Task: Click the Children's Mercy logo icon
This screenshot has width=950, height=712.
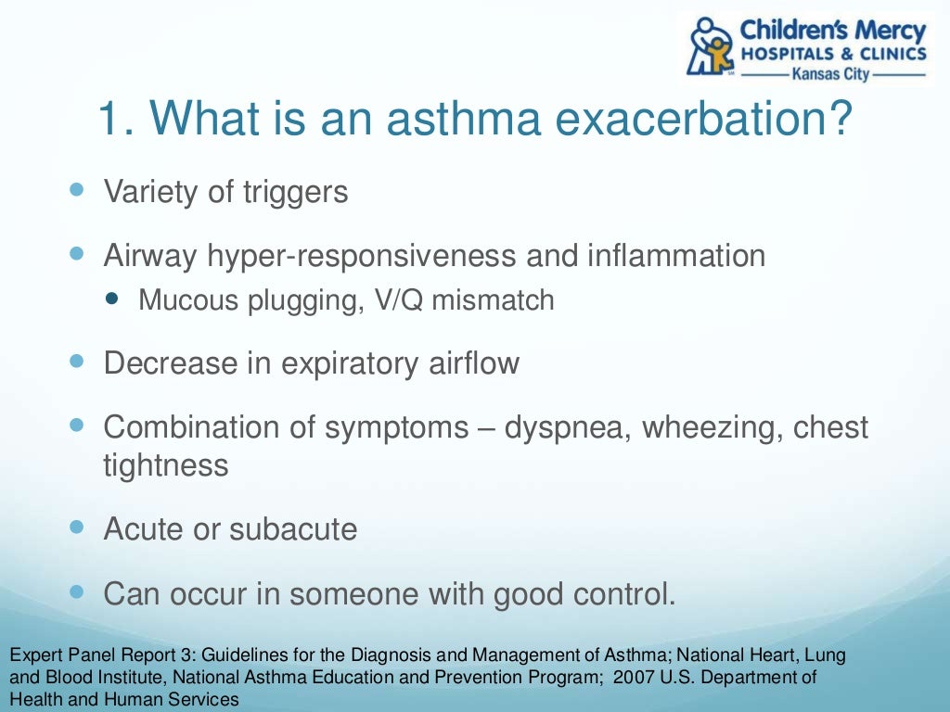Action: point(712,46)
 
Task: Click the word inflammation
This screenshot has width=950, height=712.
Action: point(676,255)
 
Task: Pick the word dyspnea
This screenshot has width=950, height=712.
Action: point(566,427)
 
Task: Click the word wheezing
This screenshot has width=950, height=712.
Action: point(713,427)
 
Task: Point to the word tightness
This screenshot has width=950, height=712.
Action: point(165,464)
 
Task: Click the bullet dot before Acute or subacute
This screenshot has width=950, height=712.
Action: point(77,527)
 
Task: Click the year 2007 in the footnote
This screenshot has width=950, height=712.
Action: point(628,678)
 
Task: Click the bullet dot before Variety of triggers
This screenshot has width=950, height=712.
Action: point(77,189)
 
